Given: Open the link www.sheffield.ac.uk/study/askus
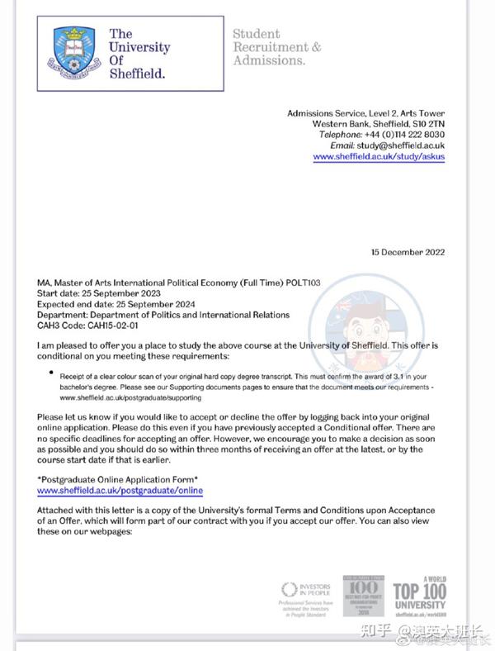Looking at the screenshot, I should [x=379, y=156].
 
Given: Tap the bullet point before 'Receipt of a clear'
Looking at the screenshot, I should [x=52, y=374].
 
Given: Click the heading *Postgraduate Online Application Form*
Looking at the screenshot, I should [x=118, y=480].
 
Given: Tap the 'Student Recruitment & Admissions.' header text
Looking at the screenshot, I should [x=276, y=47].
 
